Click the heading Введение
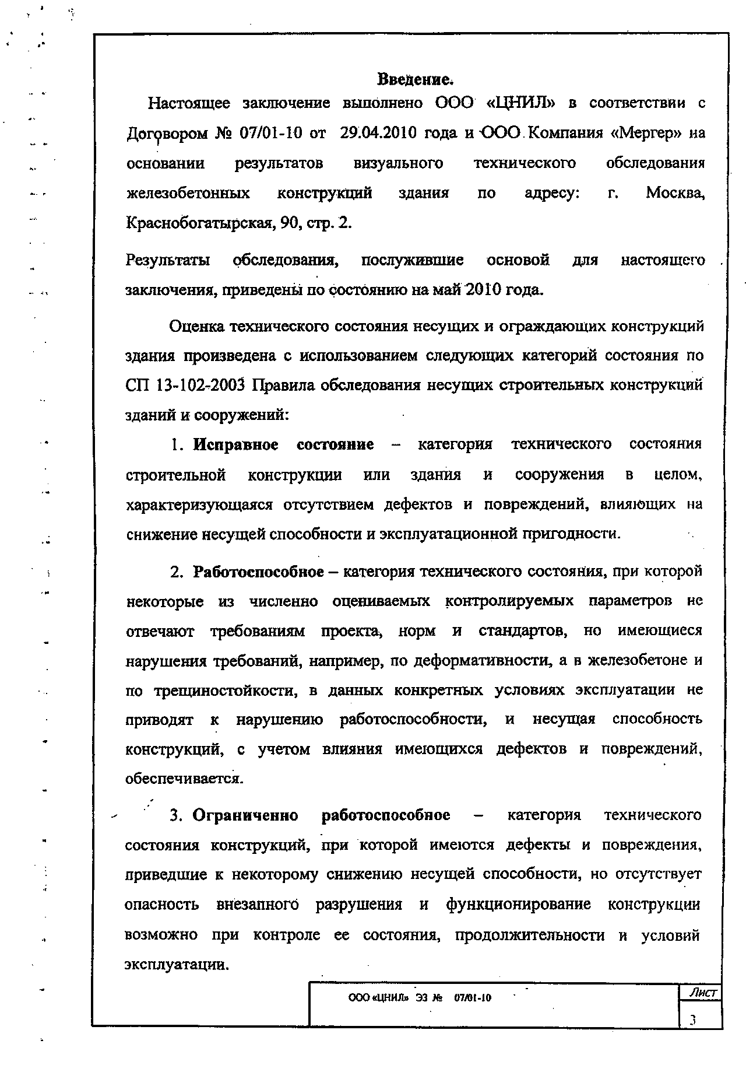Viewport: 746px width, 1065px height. coord(415,79)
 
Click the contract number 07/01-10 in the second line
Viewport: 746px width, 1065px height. coord(271,133)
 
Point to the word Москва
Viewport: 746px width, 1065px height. coord(675,193)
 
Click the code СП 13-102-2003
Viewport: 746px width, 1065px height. coord(187,385)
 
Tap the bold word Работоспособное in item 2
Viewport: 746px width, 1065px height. coord(258,572)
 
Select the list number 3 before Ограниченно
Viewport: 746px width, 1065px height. coord(174,815)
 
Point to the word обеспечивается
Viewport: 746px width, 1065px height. coord(184,779)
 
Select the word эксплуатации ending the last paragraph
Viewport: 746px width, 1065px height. coord(176,964)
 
